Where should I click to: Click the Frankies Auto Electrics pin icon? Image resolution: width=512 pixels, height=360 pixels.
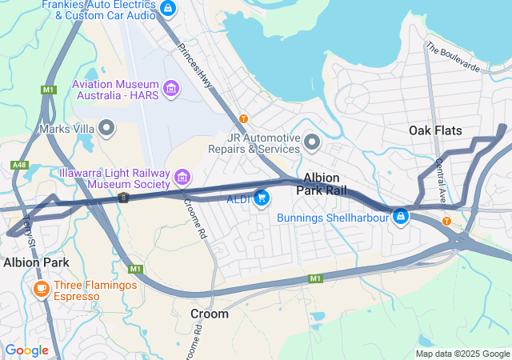[167, 9]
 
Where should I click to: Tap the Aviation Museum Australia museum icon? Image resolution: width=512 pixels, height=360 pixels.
[170, 88]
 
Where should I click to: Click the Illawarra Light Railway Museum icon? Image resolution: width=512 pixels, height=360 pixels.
[182, 176]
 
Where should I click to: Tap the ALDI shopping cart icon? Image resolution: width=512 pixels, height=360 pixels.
[262, 198]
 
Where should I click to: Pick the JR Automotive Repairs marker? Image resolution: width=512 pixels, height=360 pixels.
[312, 142]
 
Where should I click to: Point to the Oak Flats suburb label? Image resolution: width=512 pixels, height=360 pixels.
[435, 130]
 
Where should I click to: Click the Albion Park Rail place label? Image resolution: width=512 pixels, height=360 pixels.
[321, 184]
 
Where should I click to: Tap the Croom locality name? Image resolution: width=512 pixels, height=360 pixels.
[209, 314]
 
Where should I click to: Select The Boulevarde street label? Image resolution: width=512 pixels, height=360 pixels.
[453, 58]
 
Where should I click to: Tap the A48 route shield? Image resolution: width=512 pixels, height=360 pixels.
[18, 165]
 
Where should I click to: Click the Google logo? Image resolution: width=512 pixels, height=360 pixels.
[26, 350]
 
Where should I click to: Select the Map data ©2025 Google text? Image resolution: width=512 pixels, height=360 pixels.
[462, 354]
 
